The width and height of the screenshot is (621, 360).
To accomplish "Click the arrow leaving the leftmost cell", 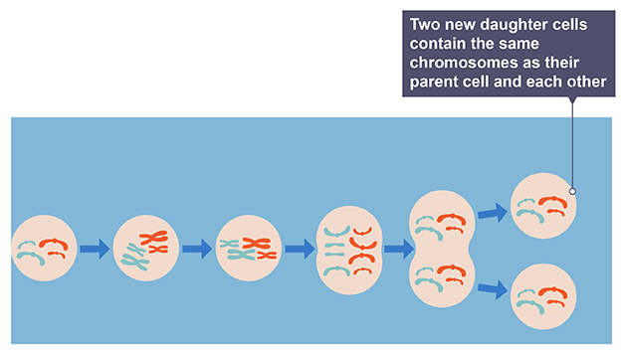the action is tap(96, 249).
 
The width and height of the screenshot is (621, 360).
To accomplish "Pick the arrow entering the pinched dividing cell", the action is tap(397, 249).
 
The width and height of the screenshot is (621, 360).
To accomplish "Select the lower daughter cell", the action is tap(542, 294).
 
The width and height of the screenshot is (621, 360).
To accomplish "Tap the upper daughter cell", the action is tap(542, 206).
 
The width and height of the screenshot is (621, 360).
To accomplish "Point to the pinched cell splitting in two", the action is tap(443, 249).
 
